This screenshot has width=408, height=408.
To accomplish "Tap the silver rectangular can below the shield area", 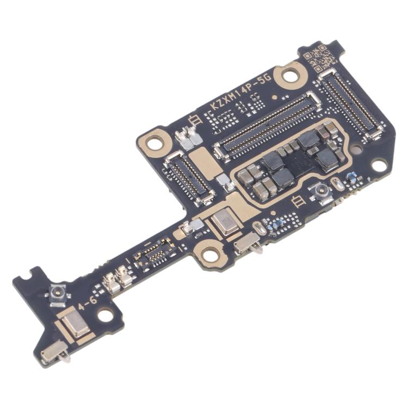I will click(224, 222).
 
